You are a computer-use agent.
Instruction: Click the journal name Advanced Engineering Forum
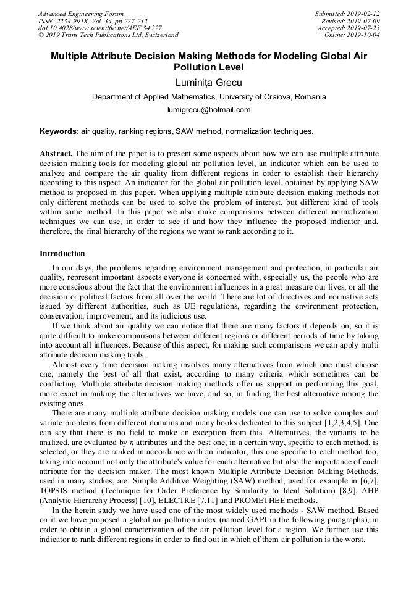point(80,14)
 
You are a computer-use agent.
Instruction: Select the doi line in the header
point(100,28)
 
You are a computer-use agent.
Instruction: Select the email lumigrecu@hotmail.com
point(209,110)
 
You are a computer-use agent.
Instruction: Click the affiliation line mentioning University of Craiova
point(209,97)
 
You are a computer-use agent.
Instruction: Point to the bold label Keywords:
point(59,131)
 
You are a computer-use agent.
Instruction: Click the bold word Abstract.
point(56,153)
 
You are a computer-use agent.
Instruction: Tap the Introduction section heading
point(62,254)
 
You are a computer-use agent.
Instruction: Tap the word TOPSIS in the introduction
point(55,491)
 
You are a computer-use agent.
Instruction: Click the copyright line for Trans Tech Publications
point(108,35)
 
